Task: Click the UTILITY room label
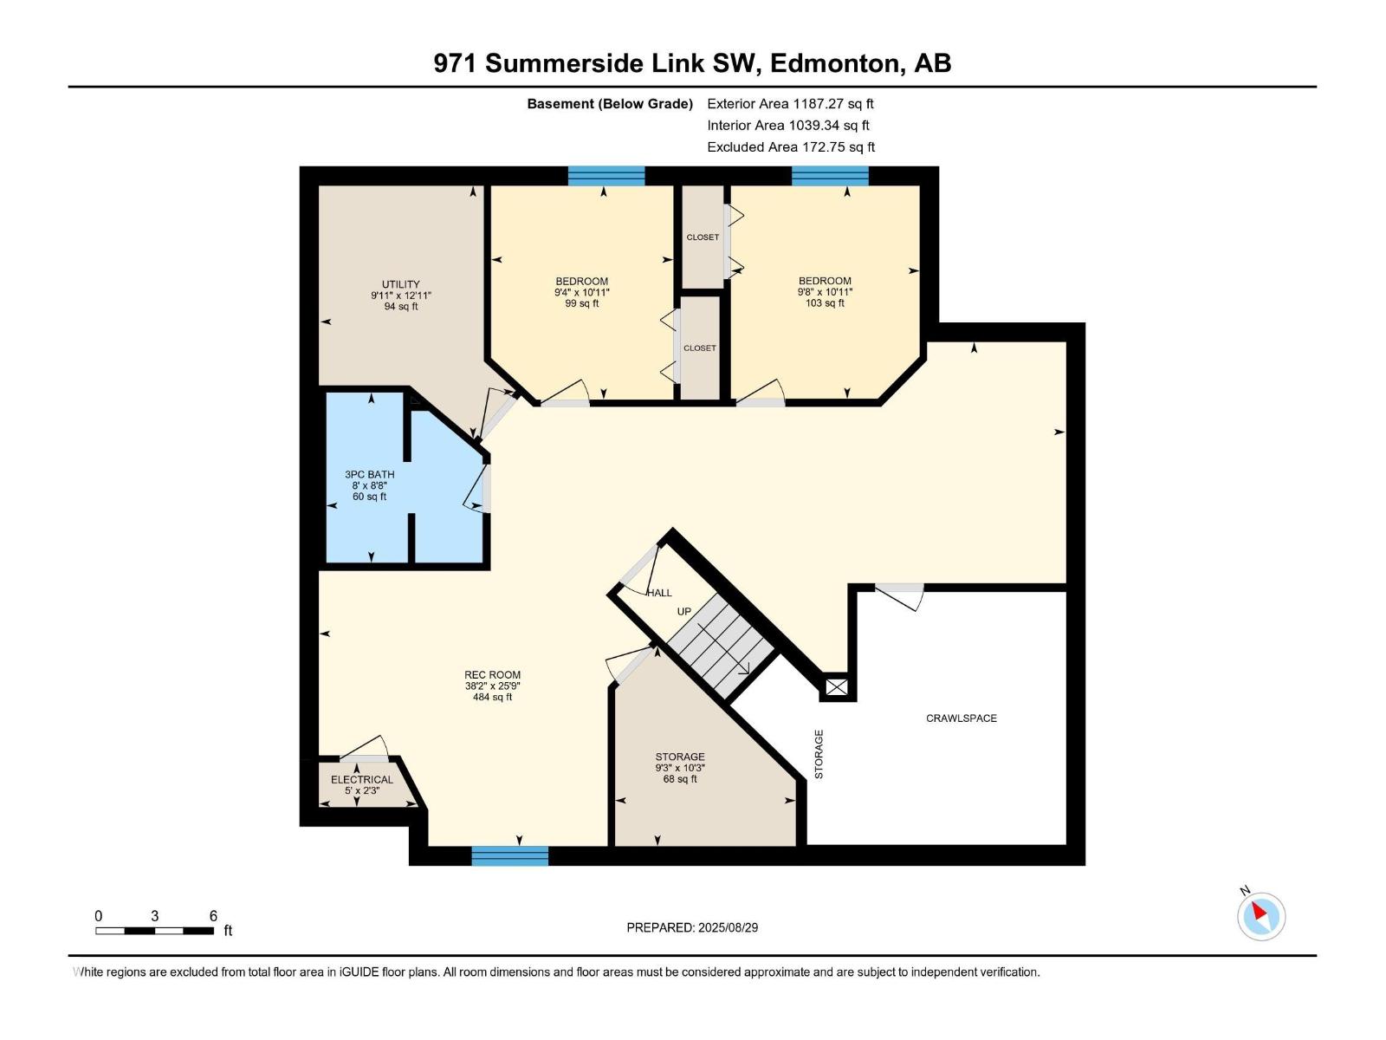pyautogui.click(x=400, y=284)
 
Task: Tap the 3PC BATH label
pyautogui.click(x=369, y=474)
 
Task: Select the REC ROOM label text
pyautogui.click(x=493, y=674)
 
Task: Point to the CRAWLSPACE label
pyautogui.click(x=961, y=718)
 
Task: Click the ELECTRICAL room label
pyautogui.click(x=362, y=779)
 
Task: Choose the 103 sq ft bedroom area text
pyautogui.click(x=825, y=303)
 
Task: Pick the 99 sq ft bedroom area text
pyautogui.click(x=581, y=303)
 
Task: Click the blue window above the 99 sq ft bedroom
pyautogui.click(x=606, y=176)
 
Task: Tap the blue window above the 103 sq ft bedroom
pyautogui.click(x=831, y=176)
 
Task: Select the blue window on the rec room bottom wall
pyautogui.click(x=510, y=855)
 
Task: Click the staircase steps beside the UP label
pyautogui.click(x=721, y=645)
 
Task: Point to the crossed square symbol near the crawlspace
pyautogui.click(x=837, y=687)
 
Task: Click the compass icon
pyautogui.click(x=1261, y=915)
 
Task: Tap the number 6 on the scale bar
pyautogui.click(x=213, y=915)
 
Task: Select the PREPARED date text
pyautogui.click(x=692, y=927)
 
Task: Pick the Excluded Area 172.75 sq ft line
pyautogui.click(x=791, y=147)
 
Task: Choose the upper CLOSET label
pyautogui.click(x=703, y=237)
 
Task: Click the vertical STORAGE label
pyautogui.click(x=819, y=754)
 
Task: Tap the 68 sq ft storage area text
pyautogui.click(x=679, y=779)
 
